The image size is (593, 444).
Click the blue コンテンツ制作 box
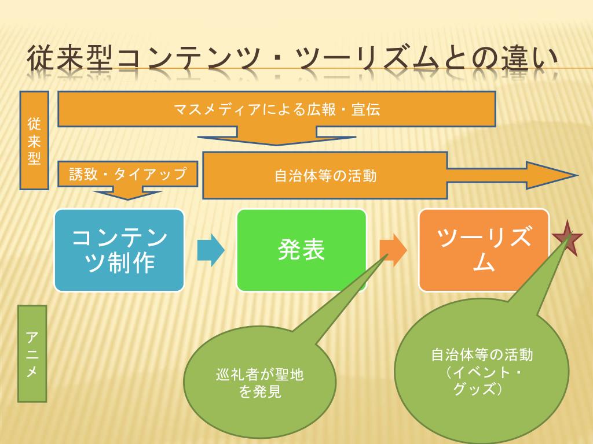point(119,250)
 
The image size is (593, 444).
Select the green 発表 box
point(301,250)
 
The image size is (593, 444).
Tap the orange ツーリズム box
point(484,250)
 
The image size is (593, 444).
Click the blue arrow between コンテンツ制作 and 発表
point(210,250)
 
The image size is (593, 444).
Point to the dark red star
point(567,238)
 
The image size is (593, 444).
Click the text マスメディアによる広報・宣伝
point(277,109)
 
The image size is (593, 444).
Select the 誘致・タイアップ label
point(128,173)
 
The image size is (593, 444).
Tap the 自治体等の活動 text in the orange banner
point(325,175)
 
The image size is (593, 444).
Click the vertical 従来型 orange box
point(34,140)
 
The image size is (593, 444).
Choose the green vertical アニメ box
point(32,353)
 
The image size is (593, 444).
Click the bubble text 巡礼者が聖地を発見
point(260,383)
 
